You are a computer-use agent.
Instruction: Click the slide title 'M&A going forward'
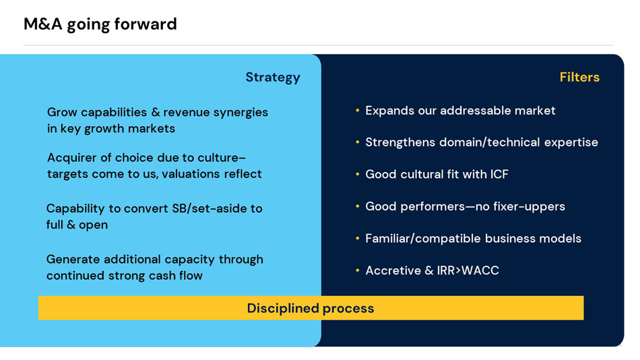pos(100,24)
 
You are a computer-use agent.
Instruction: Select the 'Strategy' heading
pos(273,78)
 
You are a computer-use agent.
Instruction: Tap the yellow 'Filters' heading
pos(579,77)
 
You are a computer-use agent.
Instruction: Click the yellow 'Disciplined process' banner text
pos(311,308)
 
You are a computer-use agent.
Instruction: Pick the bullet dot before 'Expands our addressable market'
pos(358,111)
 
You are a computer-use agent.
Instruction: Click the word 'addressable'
pos(472,111)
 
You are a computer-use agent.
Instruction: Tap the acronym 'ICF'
pos(499,175)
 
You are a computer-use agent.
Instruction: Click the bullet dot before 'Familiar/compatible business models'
pos(358,238)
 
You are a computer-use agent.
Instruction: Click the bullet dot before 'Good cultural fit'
pos(358,175)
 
